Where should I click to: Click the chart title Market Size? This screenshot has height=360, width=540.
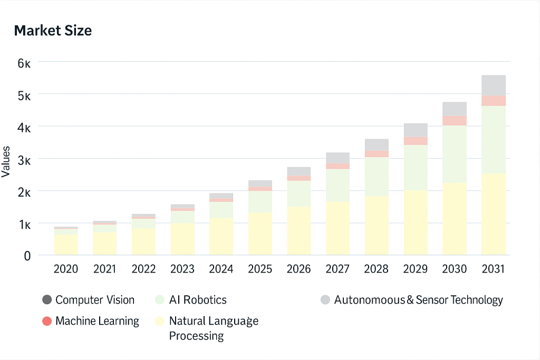[53, 31]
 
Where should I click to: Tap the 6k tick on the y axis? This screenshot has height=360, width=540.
[24, 63]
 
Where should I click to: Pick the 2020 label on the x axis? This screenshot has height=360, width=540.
[66, 269]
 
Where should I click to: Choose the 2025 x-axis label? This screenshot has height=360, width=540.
[260, 269]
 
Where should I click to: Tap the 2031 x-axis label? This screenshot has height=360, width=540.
[493, 269]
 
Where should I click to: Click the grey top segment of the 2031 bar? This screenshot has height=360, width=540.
[493, 85]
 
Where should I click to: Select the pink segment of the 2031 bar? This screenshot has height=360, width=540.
[493, 101]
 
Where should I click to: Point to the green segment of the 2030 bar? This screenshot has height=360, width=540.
[454, 154]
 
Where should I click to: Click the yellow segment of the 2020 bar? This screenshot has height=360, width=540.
[66, 245]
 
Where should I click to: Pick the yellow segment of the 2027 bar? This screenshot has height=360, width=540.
[337, 228]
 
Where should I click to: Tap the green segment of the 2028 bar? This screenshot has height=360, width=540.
[377, 177]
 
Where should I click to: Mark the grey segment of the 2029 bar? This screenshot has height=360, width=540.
[416, 130]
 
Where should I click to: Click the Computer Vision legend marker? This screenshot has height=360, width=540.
[47, 300]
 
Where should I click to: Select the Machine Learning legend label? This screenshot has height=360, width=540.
[97, 321]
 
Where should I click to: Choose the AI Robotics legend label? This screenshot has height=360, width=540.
[198, 300]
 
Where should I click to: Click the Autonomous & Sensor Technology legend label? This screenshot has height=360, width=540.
[418, 300]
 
